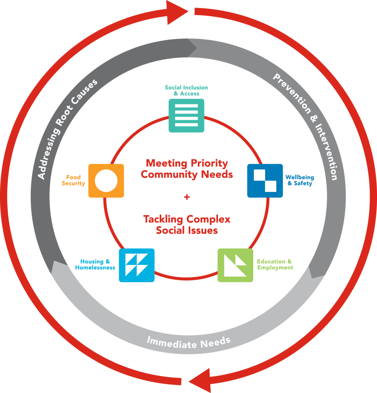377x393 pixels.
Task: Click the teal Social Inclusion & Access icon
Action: pyautogui.click(x=186, y=116)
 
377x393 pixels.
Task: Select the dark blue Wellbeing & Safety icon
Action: pyautogui.click(x=265, y=181)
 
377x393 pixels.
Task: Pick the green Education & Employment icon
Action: pyautogui.click(x=235, y=266)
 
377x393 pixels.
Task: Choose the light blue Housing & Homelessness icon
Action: pyautogui.click(x=137, y=266)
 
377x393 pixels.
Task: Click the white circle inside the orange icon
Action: pyautogui.click(x=106, y=181)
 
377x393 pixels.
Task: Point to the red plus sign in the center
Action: pyautogui.click(x=187, y=197)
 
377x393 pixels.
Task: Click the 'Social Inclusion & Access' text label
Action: pyautogui.click(x=186, y=90)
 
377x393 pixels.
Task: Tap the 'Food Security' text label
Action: pyautogui.click(x=73, y=180)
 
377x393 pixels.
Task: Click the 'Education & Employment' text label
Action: pyautogui.click(x=275, y=264)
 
